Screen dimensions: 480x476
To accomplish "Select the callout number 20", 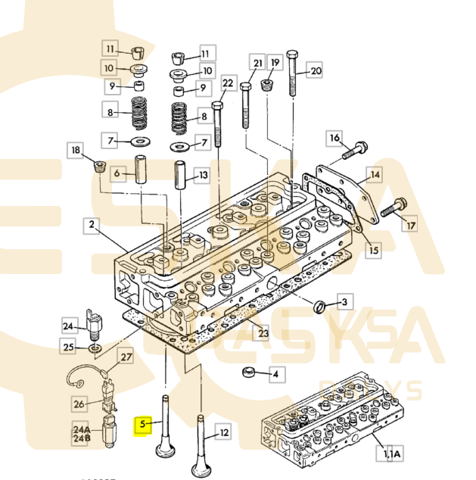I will [316, 71].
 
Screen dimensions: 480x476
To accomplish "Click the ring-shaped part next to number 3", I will [320, 306].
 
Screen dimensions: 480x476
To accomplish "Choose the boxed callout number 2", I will [92, 225].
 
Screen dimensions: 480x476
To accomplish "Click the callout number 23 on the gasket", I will [263, 333].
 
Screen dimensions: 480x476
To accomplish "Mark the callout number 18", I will [76, 151].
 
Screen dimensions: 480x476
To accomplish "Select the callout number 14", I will [373, 175].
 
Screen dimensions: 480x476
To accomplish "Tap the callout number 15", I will [374, 248].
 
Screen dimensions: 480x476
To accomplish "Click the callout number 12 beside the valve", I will [223, 433].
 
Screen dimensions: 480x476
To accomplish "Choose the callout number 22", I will [228, 83].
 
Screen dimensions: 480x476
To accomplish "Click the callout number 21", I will [257, 64].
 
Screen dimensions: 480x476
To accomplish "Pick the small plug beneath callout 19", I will [267, 84].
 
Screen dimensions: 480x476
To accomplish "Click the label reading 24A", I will [80, 427].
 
